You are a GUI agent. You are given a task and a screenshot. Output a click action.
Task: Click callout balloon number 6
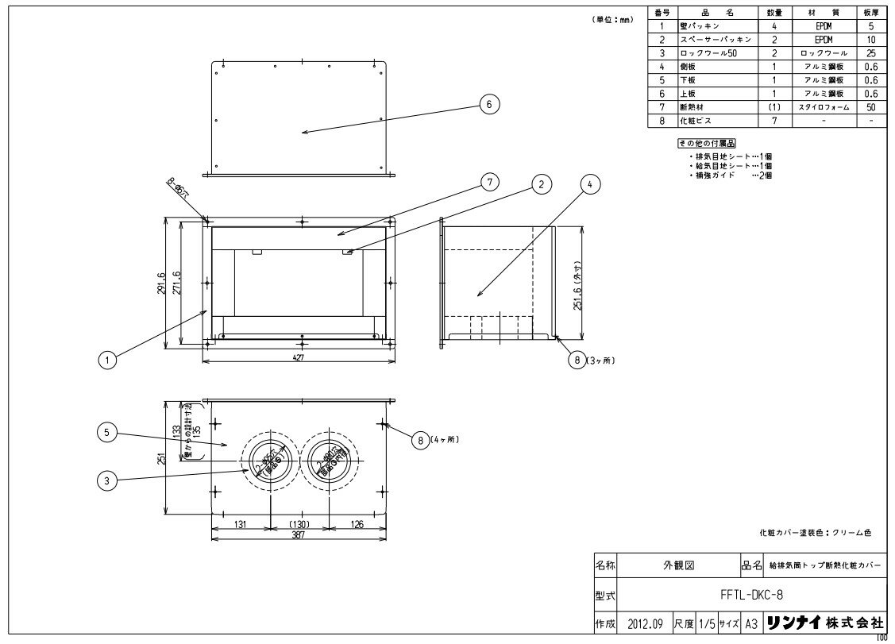pos(490,104)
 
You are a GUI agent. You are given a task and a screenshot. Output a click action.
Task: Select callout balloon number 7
pos(490,183)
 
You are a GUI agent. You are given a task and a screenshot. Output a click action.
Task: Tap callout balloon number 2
pos(541,184)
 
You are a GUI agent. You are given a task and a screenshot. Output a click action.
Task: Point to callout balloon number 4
pos(589,184)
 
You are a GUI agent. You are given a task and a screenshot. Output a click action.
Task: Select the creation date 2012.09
pos(643,624)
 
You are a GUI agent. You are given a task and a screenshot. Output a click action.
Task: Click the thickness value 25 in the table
pos(871,52)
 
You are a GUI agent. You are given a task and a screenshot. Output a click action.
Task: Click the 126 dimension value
pos(357,523)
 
